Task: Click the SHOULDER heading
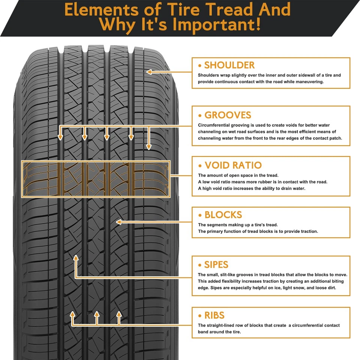coord(229,65)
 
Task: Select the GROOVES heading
coord(228,115)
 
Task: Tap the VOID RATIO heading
coord(233,165)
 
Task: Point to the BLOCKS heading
coord(223,215)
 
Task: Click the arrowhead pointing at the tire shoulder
coord(149,72)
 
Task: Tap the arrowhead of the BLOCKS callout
coord(119,222)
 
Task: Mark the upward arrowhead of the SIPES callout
coord(76,258)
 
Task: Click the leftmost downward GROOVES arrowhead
coord(60,138)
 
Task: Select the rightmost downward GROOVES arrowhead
coord(149,147)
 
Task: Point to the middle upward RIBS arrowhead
coord(96,314)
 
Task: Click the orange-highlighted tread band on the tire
coord(96,179)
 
